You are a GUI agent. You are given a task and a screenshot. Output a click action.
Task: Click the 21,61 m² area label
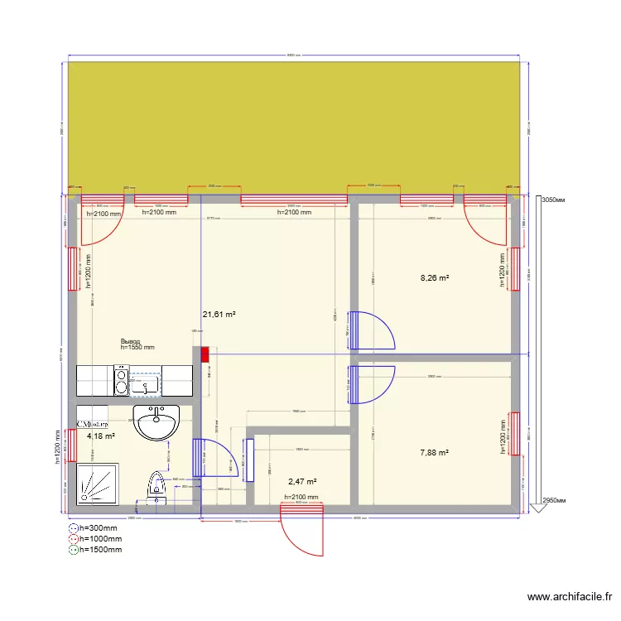point(219,315)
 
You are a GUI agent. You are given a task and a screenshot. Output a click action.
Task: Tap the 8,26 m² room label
point(435,279)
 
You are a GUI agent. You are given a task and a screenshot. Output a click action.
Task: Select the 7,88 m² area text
point(434,453)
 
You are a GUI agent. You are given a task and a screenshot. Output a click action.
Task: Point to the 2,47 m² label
point(302,480)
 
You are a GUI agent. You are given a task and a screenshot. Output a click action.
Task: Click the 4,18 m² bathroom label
point(100,436)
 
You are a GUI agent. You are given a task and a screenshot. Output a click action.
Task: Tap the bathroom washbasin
point(156,423)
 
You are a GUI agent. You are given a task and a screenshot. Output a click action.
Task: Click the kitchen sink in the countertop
point(145,383)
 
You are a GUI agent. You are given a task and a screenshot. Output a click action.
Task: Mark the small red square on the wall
point(205,354)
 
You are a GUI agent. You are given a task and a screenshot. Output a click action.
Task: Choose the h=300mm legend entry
point(99,527)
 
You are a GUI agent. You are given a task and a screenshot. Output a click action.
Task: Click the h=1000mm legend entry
point(100,538)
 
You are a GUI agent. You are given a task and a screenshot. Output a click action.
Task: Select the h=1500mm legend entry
point(100,549)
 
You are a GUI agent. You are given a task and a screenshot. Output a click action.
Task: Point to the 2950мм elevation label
point(556,501)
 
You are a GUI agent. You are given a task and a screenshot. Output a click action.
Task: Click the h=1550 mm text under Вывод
point(137,349)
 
